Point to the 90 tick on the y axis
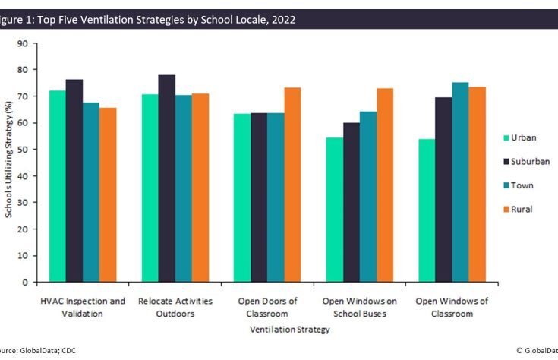[x=23, y=44]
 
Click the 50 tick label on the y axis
[x=23, y=150]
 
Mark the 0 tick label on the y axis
[x=25, y=283]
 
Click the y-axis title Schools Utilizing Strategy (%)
[x=8, y=163]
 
